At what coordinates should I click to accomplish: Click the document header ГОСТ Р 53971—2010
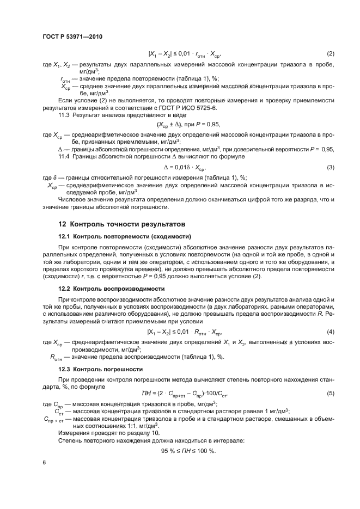[x=72, y=37]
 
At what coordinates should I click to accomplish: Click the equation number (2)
[x=330, y=54]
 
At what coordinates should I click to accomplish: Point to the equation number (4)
[x=330, y=332]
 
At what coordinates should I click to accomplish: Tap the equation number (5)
[x=330, y=393]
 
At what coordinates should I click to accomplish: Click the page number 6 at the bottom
[x=44, y=463]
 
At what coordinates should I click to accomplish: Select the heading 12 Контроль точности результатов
[x=122, y=224]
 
